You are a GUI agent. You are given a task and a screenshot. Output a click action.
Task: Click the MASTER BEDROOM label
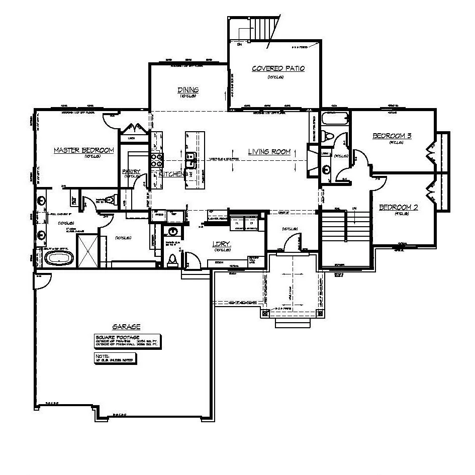[84, 150]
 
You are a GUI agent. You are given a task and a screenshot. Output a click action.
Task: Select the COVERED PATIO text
[278, 69]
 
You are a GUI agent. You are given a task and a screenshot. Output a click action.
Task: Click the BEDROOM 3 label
[392, 136]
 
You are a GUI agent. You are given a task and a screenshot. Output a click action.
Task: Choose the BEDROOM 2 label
[399, 207]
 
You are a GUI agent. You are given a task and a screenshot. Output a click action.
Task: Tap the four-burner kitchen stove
[156, 160]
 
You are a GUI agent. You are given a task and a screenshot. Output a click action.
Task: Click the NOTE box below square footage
[116, 358]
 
